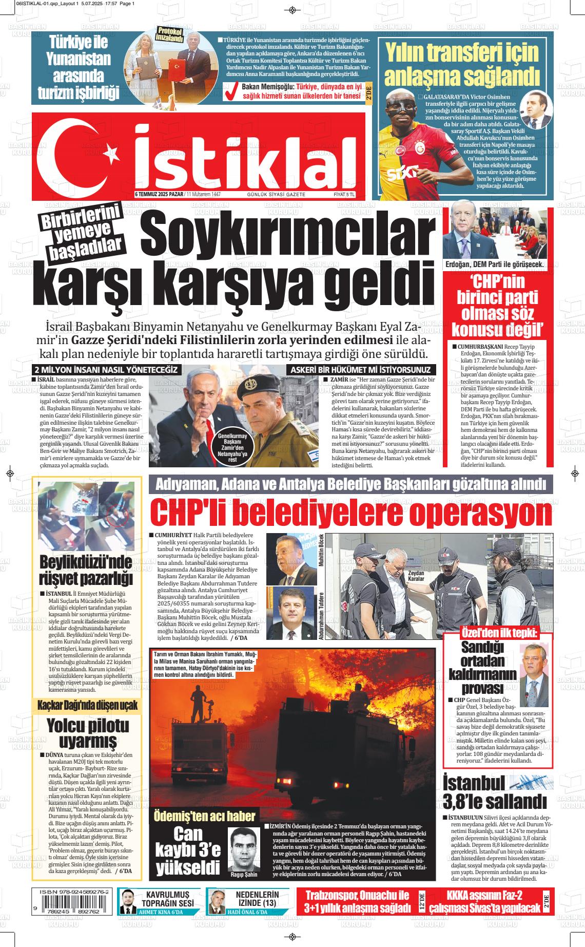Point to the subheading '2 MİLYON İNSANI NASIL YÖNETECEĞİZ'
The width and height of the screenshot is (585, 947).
[x=105, y=370]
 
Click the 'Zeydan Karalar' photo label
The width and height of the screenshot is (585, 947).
[x=416, y=575]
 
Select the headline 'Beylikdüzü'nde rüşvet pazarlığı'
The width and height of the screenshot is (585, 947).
[x=86, y=571]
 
